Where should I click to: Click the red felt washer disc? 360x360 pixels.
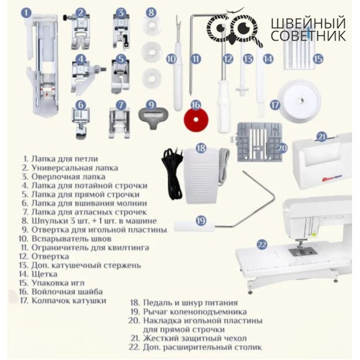click(196, 119)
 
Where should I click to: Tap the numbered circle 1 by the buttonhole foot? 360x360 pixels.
click(26, 13)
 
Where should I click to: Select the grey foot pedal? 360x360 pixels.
click(201, 176)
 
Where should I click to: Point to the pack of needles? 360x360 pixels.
click(298, 56)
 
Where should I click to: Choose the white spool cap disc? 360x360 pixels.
click(300, 101)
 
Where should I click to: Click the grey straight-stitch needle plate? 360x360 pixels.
click(260, 143)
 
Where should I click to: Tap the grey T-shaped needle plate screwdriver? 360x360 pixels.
click(153, 117)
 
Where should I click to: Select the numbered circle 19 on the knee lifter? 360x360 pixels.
click(201, 220)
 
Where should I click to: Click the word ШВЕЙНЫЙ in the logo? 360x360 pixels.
click(308, 23)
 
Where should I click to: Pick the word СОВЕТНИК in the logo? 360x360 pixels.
click(308, 36)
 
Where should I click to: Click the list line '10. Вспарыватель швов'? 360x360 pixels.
click(65, 239)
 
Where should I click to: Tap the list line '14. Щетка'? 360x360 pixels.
click(38, 274)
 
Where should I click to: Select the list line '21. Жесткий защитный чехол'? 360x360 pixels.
click(189, 338)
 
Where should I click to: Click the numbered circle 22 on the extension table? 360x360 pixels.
click(261, 245)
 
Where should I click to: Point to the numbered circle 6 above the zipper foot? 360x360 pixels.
click(81, 105)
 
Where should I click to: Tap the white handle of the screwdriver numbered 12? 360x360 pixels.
click(224, 107)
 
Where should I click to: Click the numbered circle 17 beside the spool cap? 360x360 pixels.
click(275, 105)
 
